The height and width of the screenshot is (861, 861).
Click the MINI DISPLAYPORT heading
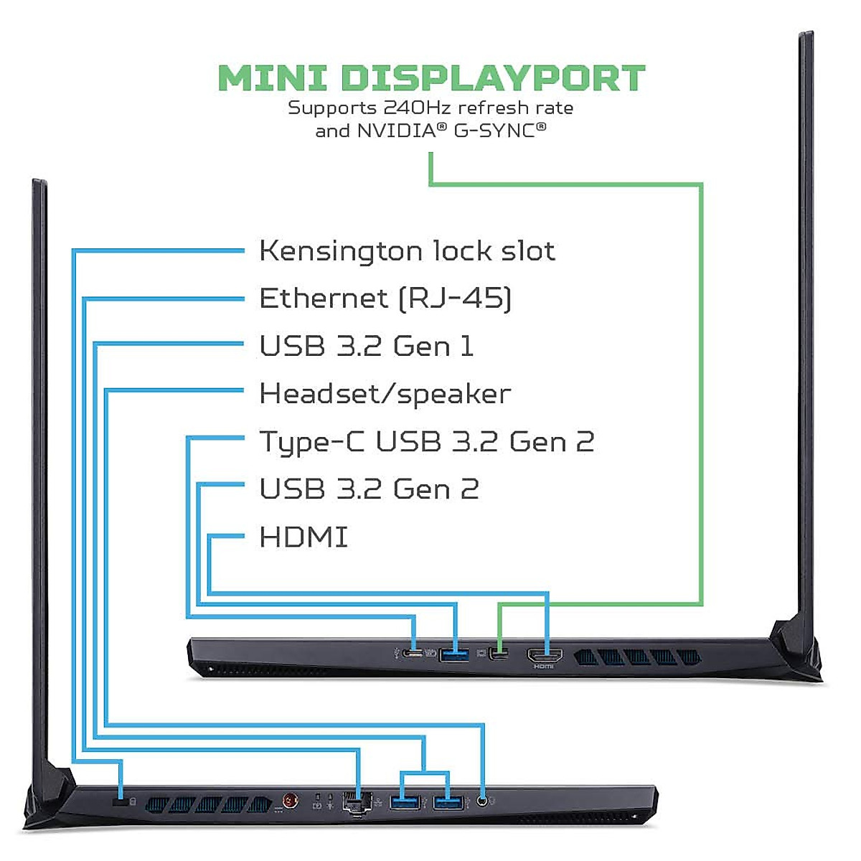431,77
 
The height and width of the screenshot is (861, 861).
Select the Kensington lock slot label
407,251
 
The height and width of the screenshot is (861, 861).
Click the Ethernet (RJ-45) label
385,298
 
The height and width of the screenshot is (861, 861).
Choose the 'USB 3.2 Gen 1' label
366,346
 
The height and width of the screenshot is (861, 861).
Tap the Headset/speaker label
385,394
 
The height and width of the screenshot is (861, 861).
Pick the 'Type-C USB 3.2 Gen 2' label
426,441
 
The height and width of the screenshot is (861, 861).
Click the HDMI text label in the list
304,537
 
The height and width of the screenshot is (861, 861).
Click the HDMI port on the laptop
545,655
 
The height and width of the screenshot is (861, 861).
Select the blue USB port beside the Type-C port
453,654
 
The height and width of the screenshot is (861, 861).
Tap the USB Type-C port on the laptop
413,654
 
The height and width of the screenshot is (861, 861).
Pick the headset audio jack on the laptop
482,801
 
